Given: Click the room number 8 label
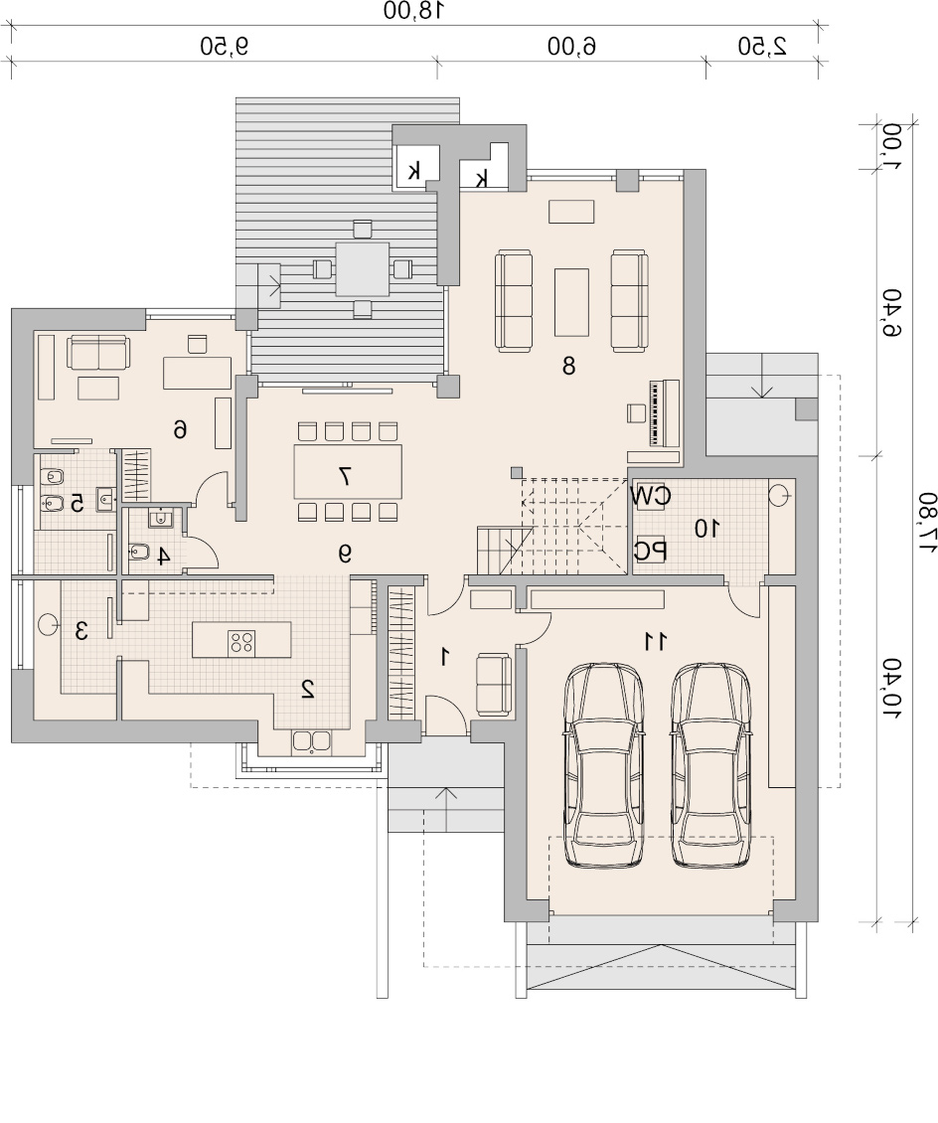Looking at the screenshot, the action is click(568, 366).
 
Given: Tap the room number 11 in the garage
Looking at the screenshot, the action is click(655, 641).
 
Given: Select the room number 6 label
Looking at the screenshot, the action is click(181, 429).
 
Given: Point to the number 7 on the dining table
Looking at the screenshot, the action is click(345, 476).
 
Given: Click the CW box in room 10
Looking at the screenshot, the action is click(652, 495).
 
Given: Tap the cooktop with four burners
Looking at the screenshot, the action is click(240, 641).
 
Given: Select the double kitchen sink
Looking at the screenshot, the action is click(311, 742).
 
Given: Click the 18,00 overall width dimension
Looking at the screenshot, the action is click(414, 11).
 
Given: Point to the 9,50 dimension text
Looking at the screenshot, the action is click(225, 47).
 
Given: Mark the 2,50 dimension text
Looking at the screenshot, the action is click(762, 47).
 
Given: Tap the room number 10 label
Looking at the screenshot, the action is click(707, 529).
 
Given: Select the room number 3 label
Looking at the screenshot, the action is click(81, 631).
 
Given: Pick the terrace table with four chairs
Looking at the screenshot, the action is click(363, 269).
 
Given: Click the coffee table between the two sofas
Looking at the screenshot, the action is click(571, 301).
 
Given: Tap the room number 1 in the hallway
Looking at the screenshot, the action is click(444, 656).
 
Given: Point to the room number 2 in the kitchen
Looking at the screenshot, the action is click(308, 689).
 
